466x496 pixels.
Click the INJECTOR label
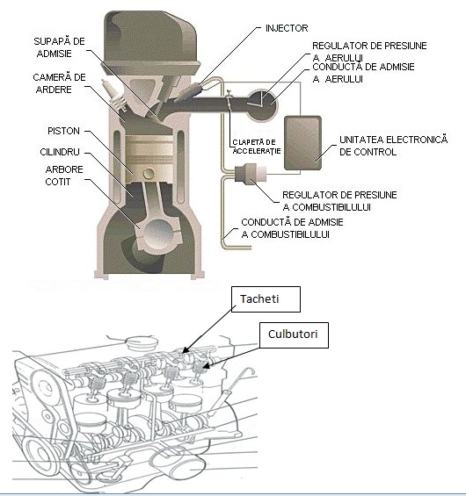[287, 28]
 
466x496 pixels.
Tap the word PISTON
[63, 131]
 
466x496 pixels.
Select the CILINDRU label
[60, 152]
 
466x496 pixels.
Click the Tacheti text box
[266, 299]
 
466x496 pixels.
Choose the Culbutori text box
[294, 335]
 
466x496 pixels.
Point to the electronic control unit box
[302, 143]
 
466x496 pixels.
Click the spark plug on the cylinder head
[113, 95]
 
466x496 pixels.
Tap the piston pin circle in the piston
[149, 173]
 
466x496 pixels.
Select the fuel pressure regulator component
[250, 173]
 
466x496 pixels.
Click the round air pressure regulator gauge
[262, 105]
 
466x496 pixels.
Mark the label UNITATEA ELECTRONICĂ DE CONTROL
[393, 146]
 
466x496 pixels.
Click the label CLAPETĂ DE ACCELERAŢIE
[257, 147]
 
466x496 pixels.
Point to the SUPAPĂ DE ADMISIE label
[59, 47]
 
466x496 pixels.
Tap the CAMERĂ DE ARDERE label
[59, 83]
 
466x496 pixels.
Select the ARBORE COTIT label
[64, 176]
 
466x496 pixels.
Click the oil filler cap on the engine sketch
[142, 342]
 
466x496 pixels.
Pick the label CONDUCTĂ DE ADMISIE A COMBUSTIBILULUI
[292, 228]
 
